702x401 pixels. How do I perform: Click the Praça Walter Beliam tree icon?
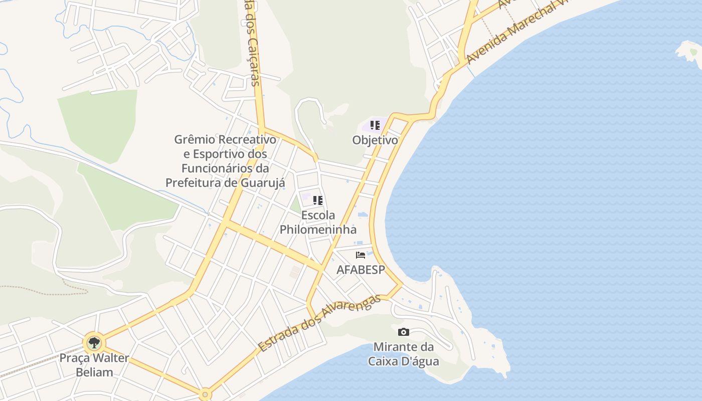[x=93, y=343]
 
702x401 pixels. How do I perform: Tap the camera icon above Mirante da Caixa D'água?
[x=403, y=332]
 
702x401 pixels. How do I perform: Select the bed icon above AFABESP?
[x=360, y=255]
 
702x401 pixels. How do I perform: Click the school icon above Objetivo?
[x=375, y=125]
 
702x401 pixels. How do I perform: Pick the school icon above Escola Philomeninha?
[x=317, y=200]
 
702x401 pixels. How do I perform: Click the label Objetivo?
[x=375, y=140]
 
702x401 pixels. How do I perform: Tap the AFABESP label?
[x=361, y=270]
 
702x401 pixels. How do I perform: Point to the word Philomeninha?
[x=318, y=230]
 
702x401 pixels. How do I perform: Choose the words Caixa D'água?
[x=403, y=361]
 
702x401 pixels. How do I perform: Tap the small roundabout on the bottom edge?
[x=205, y=394]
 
